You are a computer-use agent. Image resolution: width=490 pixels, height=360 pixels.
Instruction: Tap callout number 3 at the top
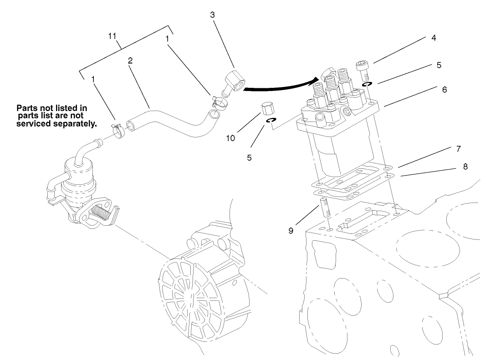212,15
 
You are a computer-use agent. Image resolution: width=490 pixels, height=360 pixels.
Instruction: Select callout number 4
434,38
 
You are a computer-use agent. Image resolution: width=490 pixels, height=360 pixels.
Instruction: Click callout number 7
459,149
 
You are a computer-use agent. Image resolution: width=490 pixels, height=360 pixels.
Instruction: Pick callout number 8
465,167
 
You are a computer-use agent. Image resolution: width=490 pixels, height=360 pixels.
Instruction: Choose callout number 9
291,231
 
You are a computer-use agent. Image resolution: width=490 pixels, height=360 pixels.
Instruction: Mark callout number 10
231,138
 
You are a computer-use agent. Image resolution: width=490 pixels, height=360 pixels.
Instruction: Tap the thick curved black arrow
278,85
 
